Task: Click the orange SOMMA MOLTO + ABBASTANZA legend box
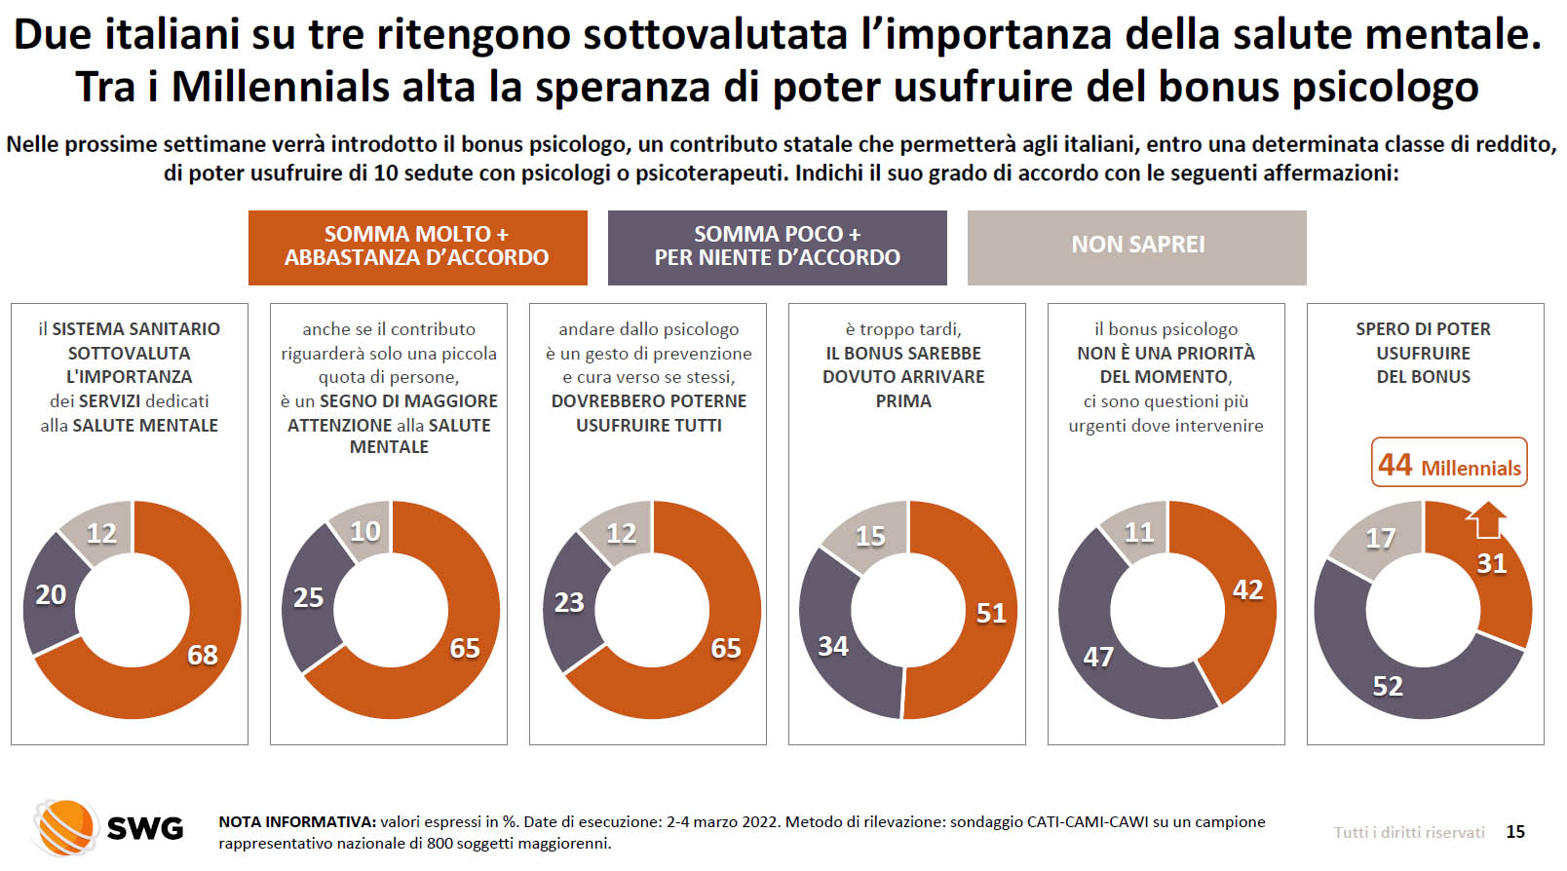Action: (x=417, y=247)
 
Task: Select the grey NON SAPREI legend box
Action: (x=1136, y=247)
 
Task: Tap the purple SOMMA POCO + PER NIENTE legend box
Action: (x=777, y=247)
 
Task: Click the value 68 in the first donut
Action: (x=203, y=655)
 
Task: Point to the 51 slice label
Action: (x=991, y=613)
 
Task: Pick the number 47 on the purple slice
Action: (x=1098, y=658)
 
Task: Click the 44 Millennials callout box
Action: (x=1449, y=464)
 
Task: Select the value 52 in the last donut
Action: (x=1388, y=687)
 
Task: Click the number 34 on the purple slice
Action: (x=833, y=646)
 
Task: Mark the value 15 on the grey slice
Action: (x=870, y=536)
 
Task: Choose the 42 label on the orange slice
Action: (x=1247, y=590)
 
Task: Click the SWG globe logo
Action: (x=66, y=827)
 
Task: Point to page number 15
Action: (x=1515, y=832)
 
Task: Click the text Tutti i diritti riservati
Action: (x=1409, y=832)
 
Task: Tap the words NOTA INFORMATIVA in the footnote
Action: (x=296, y=822)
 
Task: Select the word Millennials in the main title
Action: (x=281, y=87)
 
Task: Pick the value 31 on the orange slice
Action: (x=1492, y=564)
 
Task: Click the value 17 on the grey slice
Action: (x=1380, y=538)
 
